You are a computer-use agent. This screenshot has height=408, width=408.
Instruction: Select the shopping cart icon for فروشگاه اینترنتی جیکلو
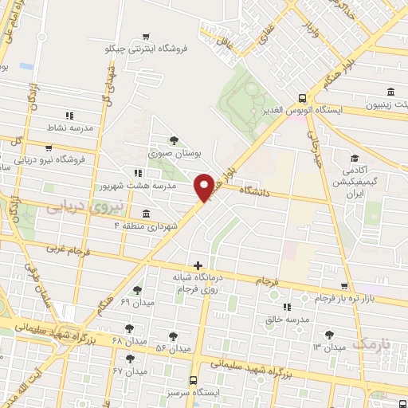click(144, 37)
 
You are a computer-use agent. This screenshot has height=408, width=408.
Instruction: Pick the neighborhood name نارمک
click(371, 343)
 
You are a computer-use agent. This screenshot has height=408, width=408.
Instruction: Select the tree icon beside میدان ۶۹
click(137, 291)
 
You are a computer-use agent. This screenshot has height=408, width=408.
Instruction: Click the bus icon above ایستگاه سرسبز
click(194, 381)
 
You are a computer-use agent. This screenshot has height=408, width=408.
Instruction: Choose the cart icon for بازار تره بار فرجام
click(343, 287)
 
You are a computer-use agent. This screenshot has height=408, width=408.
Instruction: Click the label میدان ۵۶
click(174, 348)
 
